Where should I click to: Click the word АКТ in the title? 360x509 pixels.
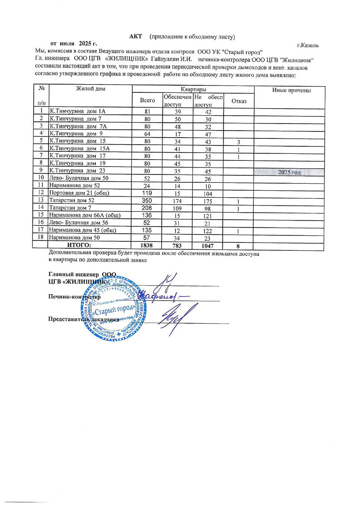point(136,37)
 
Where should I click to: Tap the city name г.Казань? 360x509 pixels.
point(308,44)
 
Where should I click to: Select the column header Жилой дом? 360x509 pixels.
point(90,89)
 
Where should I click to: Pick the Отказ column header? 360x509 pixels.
point(239,100)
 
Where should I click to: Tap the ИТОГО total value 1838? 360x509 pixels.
point(147,245)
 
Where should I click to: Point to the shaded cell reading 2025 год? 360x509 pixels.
point(289,172)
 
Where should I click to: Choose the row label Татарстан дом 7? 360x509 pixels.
point(70,208)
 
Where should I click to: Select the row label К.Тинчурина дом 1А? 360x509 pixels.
point(75,111)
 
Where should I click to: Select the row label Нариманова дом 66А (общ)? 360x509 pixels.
point(81,215)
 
